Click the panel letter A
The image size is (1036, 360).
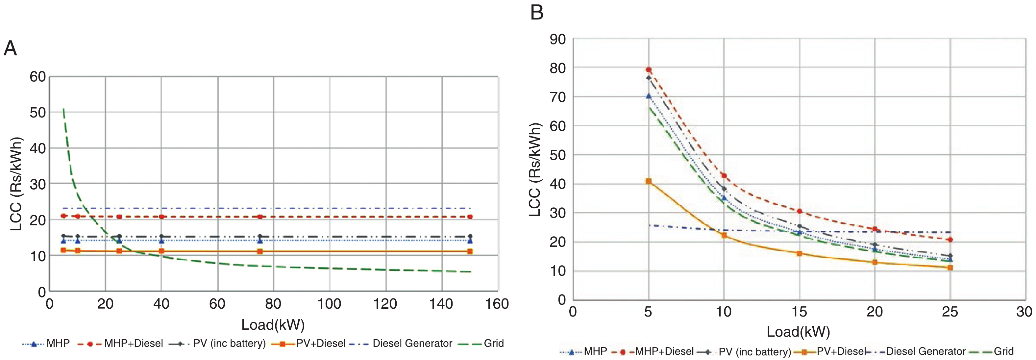click(10, 49)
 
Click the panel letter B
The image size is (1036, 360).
click(537, 12)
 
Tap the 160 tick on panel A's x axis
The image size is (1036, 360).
click(497, 304)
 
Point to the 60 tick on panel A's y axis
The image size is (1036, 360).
click(38, 76)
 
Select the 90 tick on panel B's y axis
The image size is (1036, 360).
click(558, 39)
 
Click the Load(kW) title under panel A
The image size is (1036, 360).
click(273, 324)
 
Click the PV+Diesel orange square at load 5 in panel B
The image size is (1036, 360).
click(649, 181)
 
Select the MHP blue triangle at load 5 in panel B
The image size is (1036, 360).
click(649, 96)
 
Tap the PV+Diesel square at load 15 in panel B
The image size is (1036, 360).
click(800, 253)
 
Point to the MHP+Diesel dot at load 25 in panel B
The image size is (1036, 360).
click(950, 240)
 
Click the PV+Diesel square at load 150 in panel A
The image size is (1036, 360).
click(470, 252)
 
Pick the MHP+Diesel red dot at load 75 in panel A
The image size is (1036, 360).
click(260, 217)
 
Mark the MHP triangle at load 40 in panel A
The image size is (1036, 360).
click(161, 241)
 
